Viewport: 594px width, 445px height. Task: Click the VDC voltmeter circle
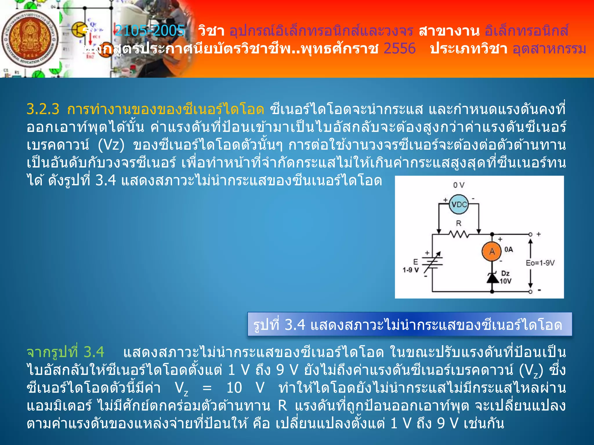click(x=459, y=205)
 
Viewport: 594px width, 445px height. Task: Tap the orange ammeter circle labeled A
click(x=492, y=251)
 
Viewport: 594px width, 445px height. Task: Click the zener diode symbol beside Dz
click(x=492, y=278)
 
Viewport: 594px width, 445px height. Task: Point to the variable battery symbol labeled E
click(x=432, y=262)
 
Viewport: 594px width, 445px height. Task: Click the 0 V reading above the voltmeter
click(x=459, y=185)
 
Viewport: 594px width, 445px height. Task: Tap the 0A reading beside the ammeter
click(x=508, y=249)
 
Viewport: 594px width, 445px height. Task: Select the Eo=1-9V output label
click(x=540, y=263)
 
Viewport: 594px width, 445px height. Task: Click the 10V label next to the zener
click(x=506, y=281)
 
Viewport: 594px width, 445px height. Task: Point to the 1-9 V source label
click(x=411, y=270)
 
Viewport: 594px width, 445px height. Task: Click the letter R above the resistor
click(x=459, y=223)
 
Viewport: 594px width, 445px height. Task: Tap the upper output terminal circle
click(x=530, y=234)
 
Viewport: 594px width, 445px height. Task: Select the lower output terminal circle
click(x=530, y=291)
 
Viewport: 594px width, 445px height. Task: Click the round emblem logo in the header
click(x=30, y=39)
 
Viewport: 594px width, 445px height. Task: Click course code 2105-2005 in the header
click(x=150, y=31)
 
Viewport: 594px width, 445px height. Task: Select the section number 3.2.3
click(x=43, y=110)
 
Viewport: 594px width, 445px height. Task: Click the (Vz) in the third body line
click(x=111, y=145)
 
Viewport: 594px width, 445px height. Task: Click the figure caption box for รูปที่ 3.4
click(x=409, y=324)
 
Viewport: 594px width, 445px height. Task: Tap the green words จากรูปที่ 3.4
click(x=65, y=352)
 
